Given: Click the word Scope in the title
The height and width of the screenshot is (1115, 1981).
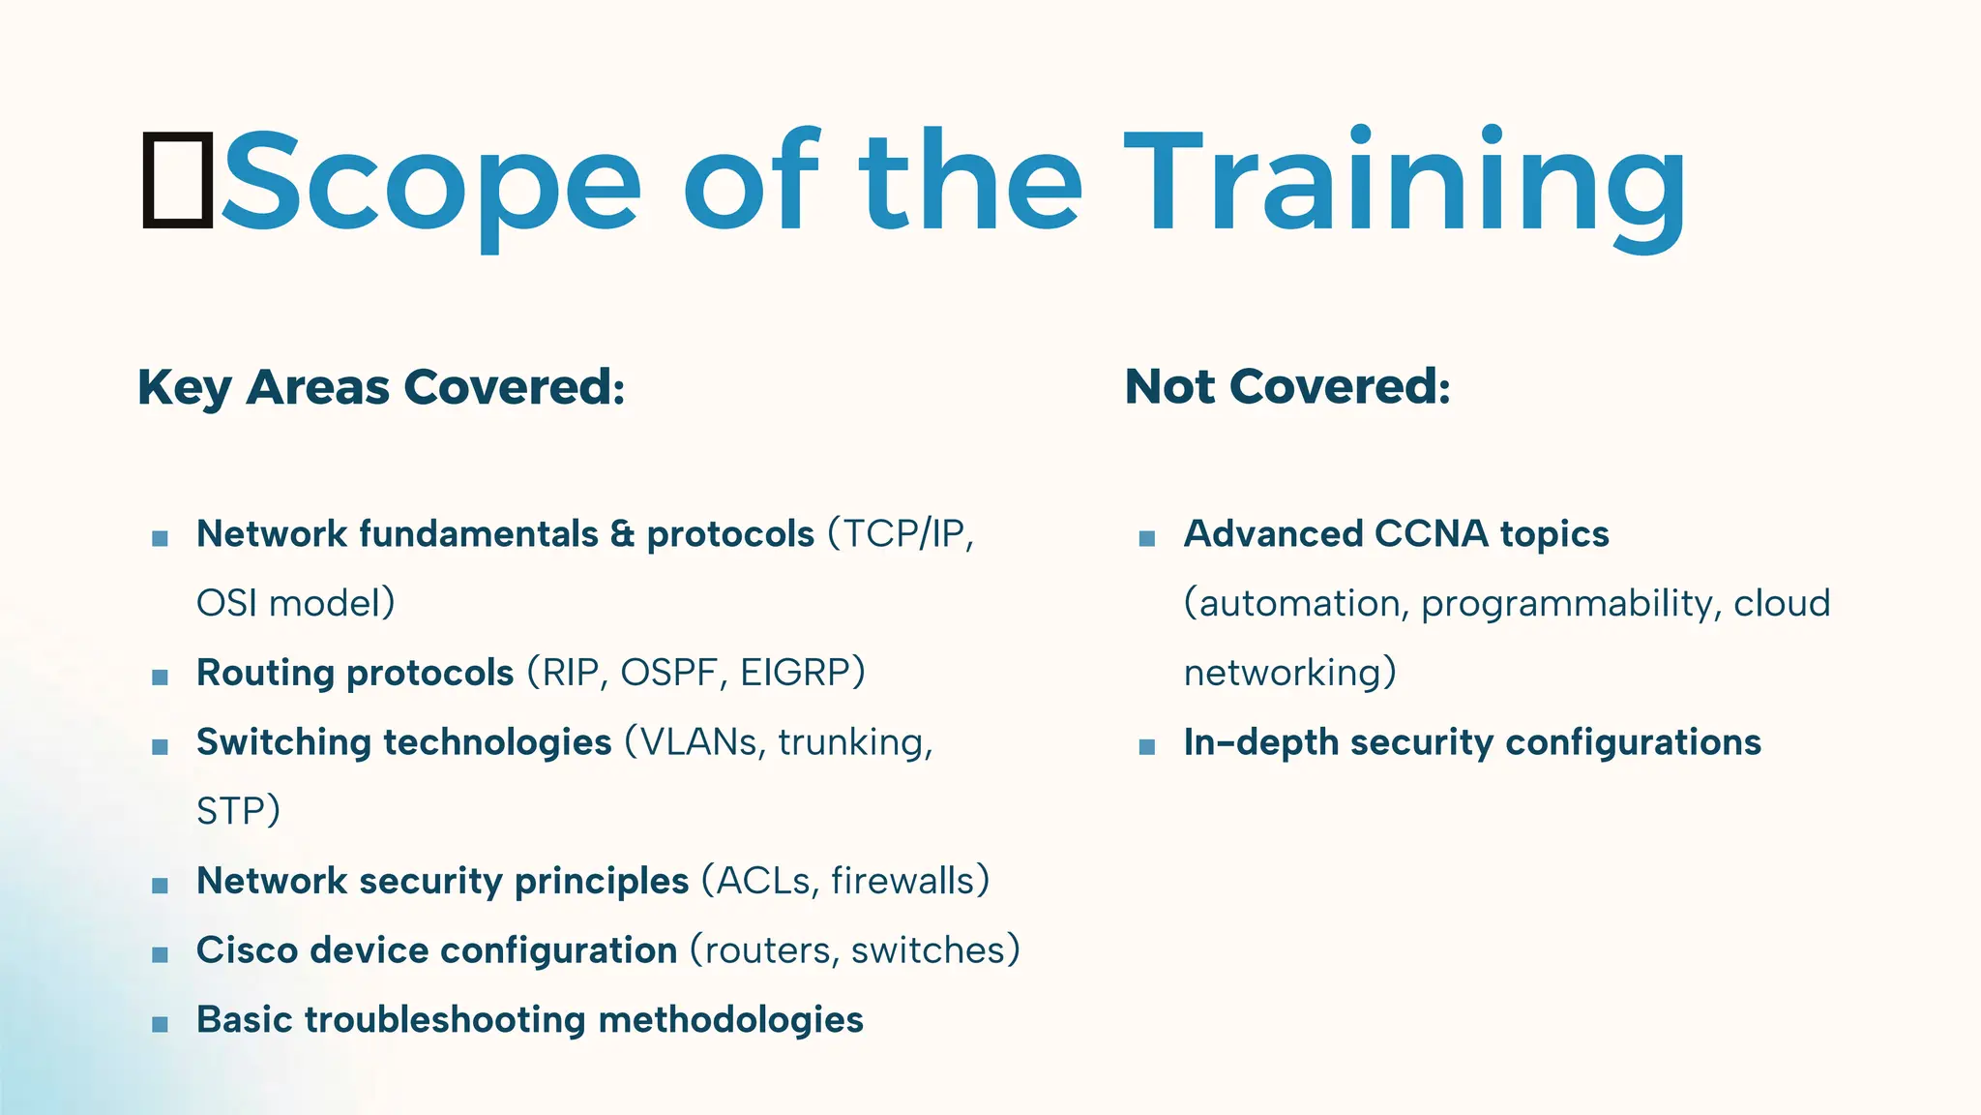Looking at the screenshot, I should (430, 184).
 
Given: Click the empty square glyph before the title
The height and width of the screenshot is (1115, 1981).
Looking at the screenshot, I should (178, 180).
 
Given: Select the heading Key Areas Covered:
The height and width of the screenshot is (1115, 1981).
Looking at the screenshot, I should (381, 387).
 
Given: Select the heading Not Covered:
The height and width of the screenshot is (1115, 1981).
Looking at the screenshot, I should (1287, 387).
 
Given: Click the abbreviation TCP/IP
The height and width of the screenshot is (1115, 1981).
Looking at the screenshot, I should (904, 534).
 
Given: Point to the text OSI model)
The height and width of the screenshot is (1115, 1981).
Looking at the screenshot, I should (296, 604).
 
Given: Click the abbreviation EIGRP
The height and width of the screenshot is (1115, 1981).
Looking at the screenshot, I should (795, 673).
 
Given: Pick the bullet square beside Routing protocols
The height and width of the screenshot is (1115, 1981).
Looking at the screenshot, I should (161, 678).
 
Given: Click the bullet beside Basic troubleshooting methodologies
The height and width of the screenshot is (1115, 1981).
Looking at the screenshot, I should (161, 1025).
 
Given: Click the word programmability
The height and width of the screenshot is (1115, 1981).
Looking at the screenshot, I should (1571, 604).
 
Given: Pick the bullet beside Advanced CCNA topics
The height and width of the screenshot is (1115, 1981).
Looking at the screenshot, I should (1147, 539).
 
